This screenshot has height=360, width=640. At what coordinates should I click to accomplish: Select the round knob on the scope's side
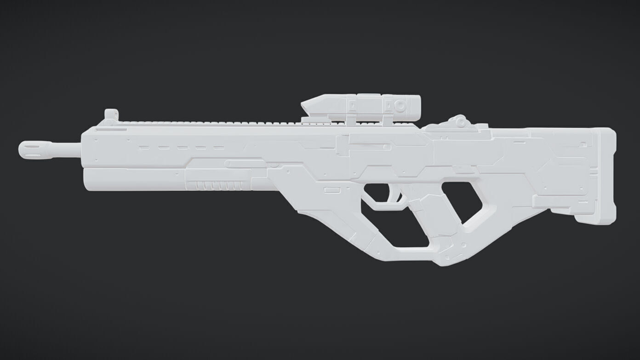point(400,106)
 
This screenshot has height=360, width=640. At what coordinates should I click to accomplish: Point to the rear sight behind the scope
point(458,121)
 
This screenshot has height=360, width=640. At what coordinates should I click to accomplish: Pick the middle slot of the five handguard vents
point(182,148)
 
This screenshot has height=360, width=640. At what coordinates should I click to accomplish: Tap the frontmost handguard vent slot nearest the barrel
point(143,148)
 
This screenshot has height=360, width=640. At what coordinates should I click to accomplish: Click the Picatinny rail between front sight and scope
point(207,122)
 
